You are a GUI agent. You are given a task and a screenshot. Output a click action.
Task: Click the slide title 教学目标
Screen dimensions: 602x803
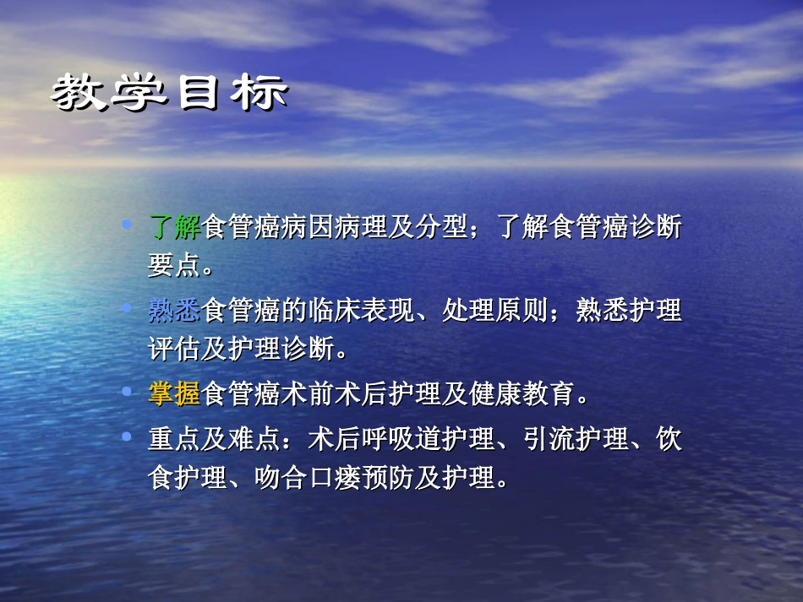pyautogui.click(x=169, y=94)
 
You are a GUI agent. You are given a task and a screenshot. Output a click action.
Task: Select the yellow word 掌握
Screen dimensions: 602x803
pyautogui.click(x=175, y=393)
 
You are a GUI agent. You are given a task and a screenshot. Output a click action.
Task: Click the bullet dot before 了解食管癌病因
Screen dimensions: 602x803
pyautogui.click(x=128, y=225)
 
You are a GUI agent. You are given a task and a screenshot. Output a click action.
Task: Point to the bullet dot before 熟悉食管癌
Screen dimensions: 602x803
pyautogui.click(x=128, y=308)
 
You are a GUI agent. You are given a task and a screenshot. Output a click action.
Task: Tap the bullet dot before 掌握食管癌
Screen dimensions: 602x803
pyautogui.click(x=128, y=391)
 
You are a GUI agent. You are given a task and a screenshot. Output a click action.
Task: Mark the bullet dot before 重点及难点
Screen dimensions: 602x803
pyautogui.click(x=128, y=437)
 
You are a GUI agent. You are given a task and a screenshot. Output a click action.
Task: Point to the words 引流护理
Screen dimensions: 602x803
pyautogui.click(x=576, y=440)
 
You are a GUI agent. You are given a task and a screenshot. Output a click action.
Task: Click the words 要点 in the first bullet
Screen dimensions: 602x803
pyautogui.click(x=175, y=266)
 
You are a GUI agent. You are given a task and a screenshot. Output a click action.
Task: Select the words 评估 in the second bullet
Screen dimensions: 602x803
pyautogui.click(x=175, y=349)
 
